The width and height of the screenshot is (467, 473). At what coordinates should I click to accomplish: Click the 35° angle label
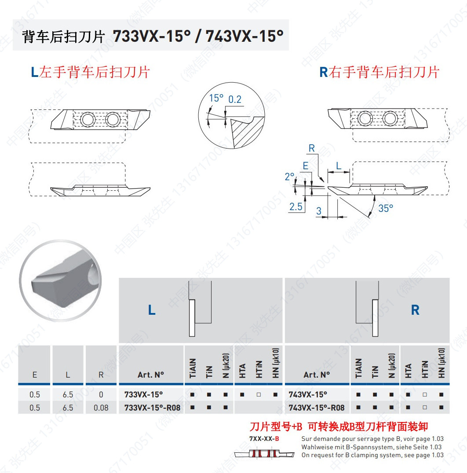click(386, 208)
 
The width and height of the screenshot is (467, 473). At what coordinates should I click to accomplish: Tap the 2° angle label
click(289, 176)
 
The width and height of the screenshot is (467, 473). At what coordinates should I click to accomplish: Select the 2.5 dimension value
click(296, 207)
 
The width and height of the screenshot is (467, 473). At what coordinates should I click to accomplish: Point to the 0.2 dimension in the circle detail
click(235, 99)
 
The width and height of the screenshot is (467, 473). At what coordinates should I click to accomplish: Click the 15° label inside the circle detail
click(216, 98)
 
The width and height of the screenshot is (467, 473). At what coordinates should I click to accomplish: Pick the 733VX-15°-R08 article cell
click(152, 408)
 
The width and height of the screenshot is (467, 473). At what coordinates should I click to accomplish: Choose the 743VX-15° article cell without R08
click(308, 395)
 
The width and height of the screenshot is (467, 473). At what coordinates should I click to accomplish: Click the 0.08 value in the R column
click(101, 408)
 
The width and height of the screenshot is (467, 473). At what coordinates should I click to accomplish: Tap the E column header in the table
click(35, 375)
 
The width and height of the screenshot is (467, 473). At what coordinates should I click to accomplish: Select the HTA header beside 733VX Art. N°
click(242, 371)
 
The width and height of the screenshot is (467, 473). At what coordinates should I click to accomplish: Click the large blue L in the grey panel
click(152, 310)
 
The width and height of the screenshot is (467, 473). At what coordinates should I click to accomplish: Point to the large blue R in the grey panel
click(415, 310)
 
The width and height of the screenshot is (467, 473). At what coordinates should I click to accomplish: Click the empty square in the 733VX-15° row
click(259, 395)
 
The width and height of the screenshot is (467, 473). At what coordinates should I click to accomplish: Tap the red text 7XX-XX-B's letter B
click(277, 439)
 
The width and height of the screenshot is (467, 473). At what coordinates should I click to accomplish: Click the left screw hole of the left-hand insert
click(88, 120)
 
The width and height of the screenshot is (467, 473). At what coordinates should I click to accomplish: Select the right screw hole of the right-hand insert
click(390, 118)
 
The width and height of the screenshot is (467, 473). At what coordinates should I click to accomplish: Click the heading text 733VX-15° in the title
click(152, 36)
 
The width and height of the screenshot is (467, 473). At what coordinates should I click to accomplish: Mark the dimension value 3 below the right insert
click(319, 211)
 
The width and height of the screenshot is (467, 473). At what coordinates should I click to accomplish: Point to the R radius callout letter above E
click(312, 148)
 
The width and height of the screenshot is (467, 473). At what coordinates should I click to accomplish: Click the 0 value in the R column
click(101, 395)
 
